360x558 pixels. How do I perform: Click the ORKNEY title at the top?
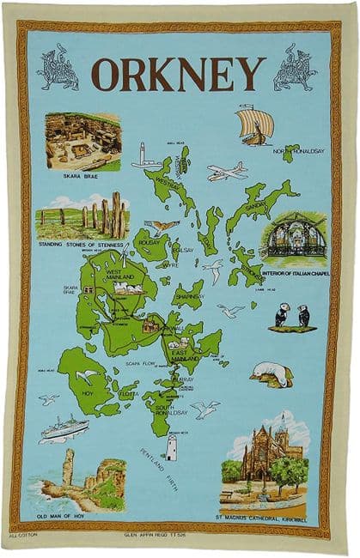click(179, 74)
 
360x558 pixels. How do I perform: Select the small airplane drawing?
click(226, 172)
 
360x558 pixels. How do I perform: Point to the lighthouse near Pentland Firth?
click(171, 447)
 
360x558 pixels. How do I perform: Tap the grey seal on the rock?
click(272, 373)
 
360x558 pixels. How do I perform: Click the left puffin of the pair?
click(281, 316)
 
